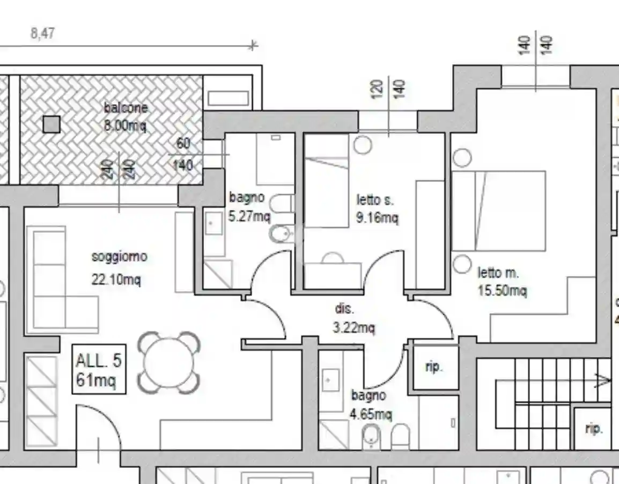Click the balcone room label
coord(126,108)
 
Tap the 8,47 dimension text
coord(42,33)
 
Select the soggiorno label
coord(119,256)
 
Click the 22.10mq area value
coord(116,280)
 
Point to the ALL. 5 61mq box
coord(99,369)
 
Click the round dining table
coord(169,363)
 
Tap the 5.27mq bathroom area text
coord(249,216)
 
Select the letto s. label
coord(375,200)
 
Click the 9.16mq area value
coord(378,218)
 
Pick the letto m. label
coord(498,273)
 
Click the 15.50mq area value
coord(502,291)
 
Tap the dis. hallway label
coord(345,309)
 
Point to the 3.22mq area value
coord(353,327)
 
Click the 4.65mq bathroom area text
coord(371,414)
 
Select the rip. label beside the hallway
coord(434,366)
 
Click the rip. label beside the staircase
coord(593,428)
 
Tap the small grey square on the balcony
coord(51,124)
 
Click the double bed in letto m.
coord(499,211)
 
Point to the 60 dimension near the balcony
coord(183,143)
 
